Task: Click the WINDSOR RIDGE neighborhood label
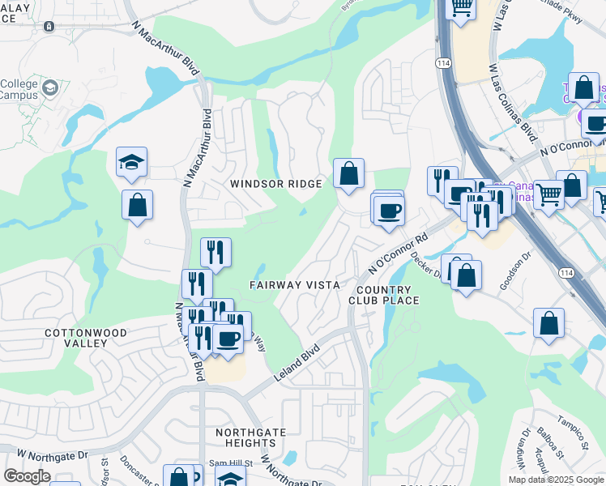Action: (x=275, y=184)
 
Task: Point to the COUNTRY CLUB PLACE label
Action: (x=387, y=295)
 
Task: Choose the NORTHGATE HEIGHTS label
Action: (x=245, y=437)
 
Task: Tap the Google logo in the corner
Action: (x=27, y=476)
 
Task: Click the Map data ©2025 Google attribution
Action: (x=557, y=480)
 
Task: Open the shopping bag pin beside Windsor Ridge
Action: (x=348, y=173)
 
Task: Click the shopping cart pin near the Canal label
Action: (x=549, y=194)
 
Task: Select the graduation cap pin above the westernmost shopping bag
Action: (x=131, y=163)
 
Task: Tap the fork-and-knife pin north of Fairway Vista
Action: (x=216, y=252)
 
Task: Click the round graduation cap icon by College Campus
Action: (x=50, y=87)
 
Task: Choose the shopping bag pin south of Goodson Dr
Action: (x=549, y=324)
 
